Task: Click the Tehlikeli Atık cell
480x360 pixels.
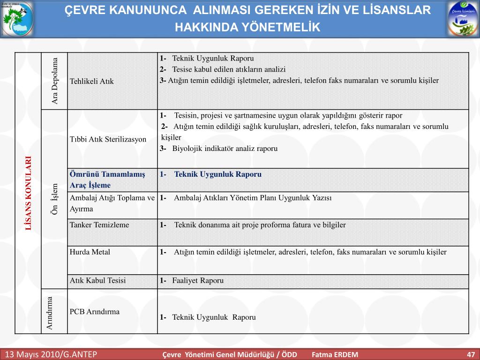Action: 92,81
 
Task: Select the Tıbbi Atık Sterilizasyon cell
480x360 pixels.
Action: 108,139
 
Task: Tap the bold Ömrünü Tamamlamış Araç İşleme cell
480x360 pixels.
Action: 107,180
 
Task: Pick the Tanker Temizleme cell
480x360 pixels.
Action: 99,225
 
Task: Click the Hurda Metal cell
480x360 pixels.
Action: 90,252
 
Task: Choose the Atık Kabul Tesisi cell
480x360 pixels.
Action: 98,281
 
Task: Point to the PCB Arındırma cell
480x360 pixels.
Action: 95,311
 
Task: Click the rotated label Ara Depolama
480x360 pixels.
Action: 55,81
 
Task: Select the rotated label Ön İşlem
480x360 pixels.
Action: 55,199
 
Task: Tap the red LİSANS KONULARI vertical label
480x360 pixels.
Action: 29,193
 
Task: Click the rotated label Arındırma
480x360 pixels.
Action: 50,312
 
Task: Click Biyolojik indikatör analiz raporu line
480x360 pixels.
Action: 225,149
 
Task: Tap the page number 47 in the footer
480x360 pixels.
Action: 471,354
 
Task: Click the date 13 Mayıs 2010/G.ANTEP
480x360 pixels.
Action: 51,354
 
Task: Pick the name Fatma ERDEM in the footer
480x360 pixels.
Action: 335,354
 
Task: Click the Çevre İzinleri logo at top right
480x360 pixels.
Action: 463,19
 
